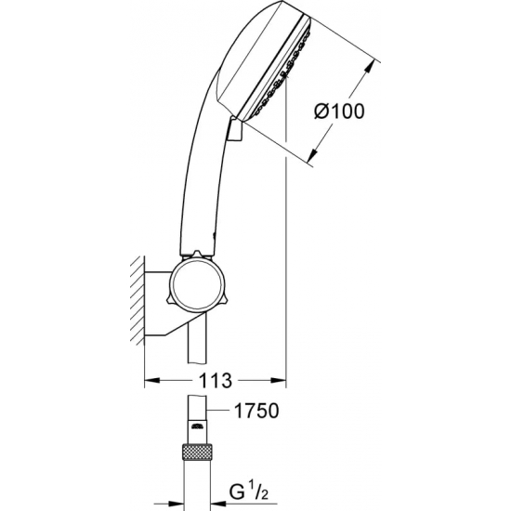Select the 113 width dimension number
215,381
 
